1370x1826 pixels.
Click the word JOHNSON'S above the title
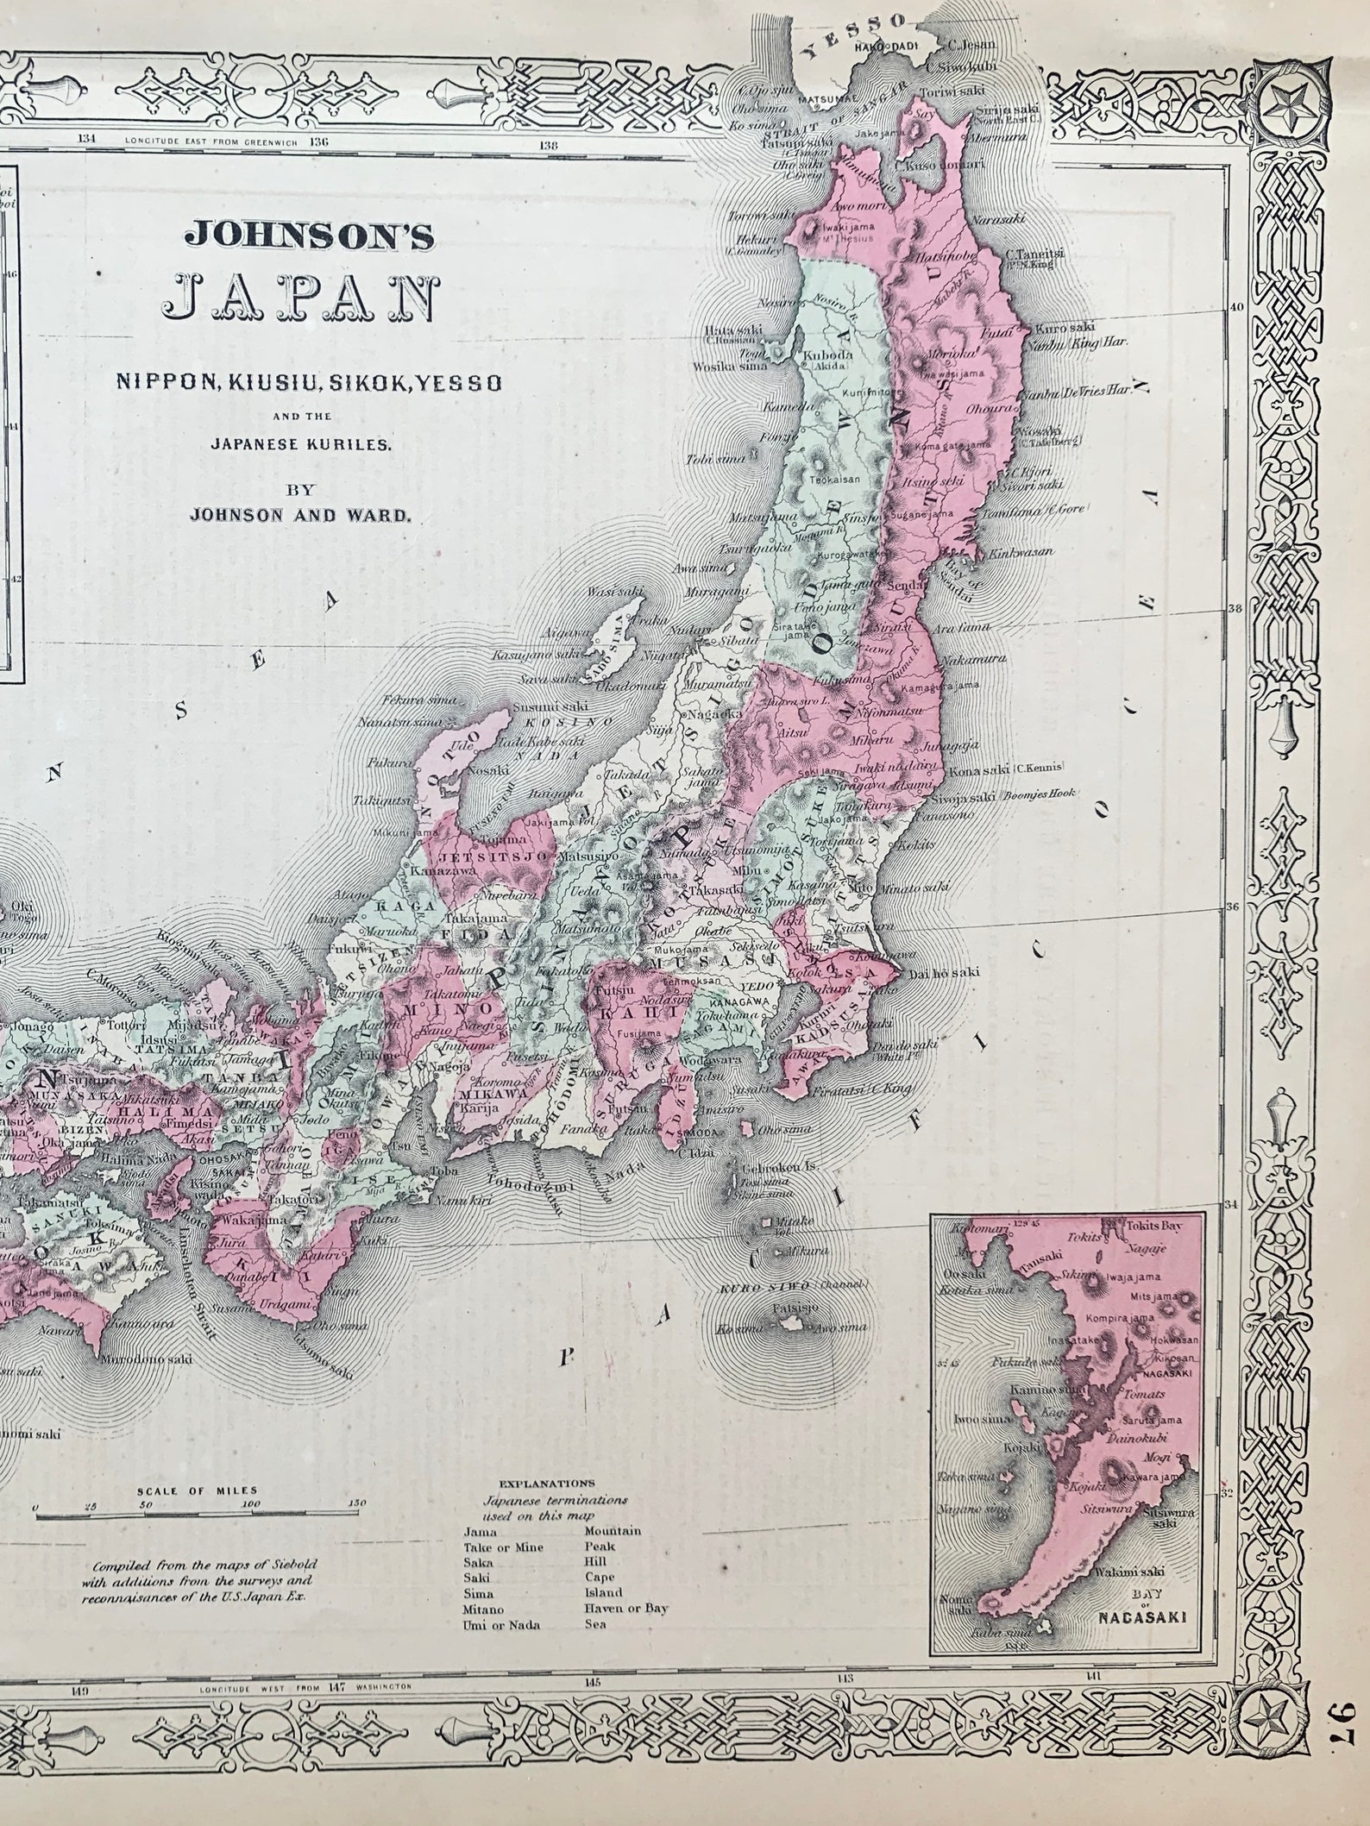pyautogui.click(x=308, y=236)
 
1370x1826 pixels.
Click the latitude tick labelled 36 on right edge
pyautogui.click(x=1232, y=907)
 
